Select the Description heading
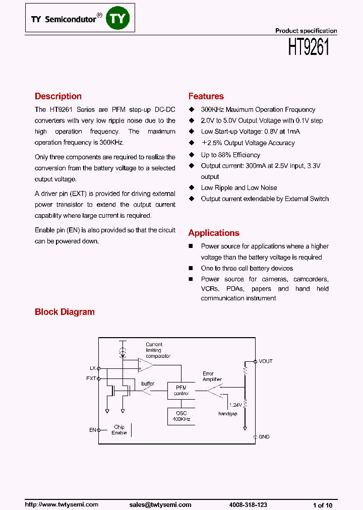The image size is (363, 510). [x=58, y=96]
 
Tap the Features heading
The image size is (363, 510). [x=206, y=96]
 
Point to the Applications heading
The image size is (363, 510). [x=214, y=233]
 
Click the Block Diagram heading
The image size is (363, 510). [x=65, y=312]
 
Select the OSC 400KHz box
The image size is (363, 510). [x=181, y=416]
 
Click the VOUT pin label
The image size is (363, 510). [x=265, y=361]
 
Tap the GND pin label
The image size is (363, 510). [x=264, y=436]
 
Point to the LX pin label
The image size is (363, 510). [x=93, y=368]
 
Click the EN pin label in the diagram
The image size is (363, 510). [x=92, y=430]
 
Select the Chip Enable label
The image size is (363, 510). [x=119, y=430]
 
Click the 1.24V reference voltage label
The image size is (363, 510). [x=235, y=405]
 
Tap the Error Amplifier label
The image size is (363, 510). [x=212, y=376]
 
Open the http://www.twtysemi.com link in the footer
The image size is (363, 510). [x=62, y=504]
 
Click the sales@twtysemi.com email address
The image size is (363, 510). [x=160, y=504]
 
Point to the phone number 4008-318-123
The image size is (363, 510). [x=248, y=504]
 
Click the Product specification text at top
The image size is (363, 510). [x=306, y=31]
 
